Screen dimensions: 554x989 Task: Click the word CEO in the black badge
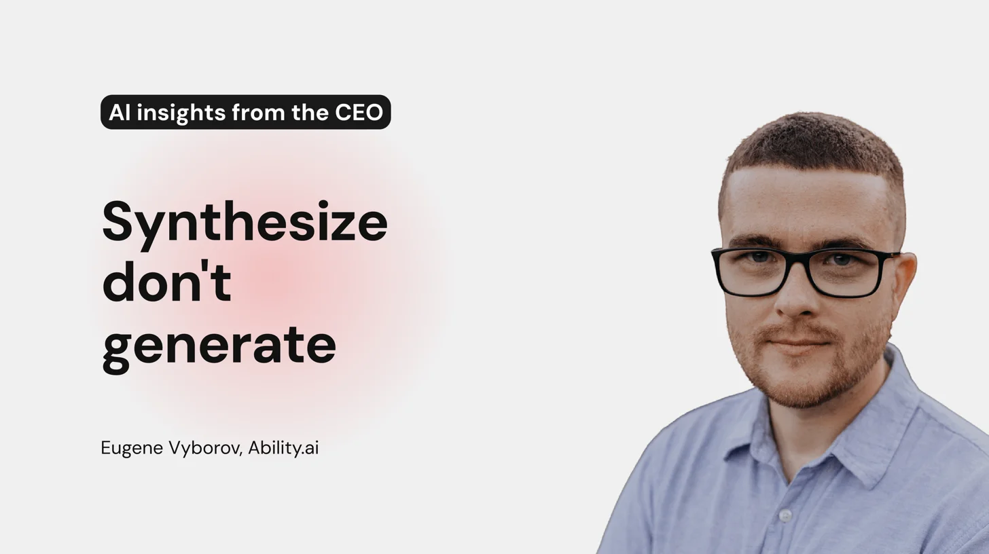pos(359,113)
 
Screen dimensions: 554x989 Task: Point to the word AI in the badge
pos(119,113)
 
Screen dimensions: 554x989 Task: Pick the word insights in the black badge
pos(181,113)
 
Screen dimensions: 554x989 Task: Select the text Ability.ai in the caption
pos(283,449)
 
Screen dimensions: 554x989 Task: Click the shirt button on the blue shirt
pos(785,516)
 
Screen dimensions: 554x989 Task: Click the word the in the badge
pos(310,113)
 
